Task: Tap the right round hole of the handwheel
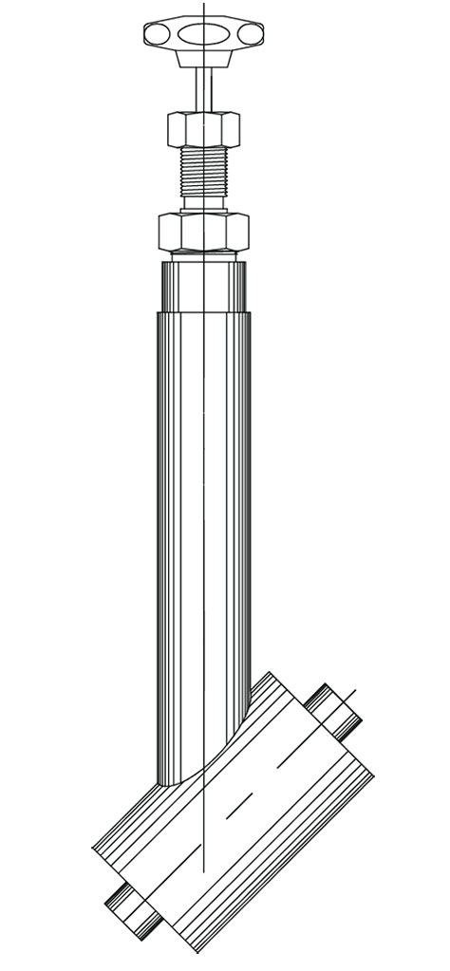(x=250, y=35)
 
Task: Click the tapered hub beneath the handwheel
(x=203, y=58)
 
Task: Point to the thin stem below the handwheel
(x=203, y=90)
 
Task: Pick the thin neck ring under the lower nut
(x=203, y=254)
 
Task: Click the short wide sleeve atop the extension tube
(x=203, y=287)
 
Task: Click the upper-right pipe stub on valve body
(x=331, y=708)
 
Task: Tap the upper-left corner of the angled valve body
(x=270, y=674)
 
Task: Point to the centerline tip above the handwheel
(x=203, y=6)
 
